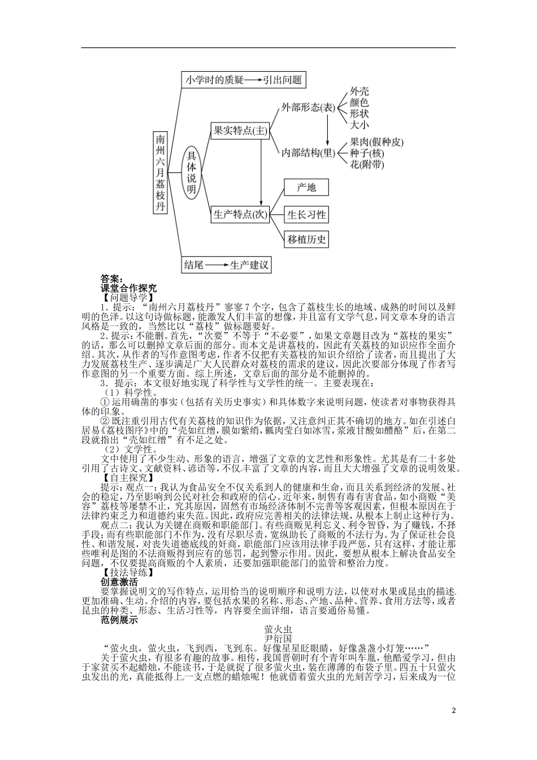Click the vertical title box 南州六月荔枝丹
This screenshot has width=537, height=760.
click(162, 172)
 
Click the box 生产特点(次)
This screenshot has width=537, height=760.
click(238, 214)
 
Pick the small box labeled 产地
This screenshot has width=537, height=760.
click(306, 187)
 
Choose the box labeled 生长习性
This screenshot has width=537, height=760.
click(306, 214)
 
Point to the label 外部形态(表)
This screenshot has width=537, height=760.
click(308, 108)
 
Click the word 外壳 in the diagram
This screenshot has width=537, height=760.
click(359, 91)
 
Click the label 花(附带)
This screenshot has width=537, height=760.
click(367, 165)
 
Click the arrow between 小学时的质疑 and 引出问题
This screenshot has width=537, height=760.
click(252, 80)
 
